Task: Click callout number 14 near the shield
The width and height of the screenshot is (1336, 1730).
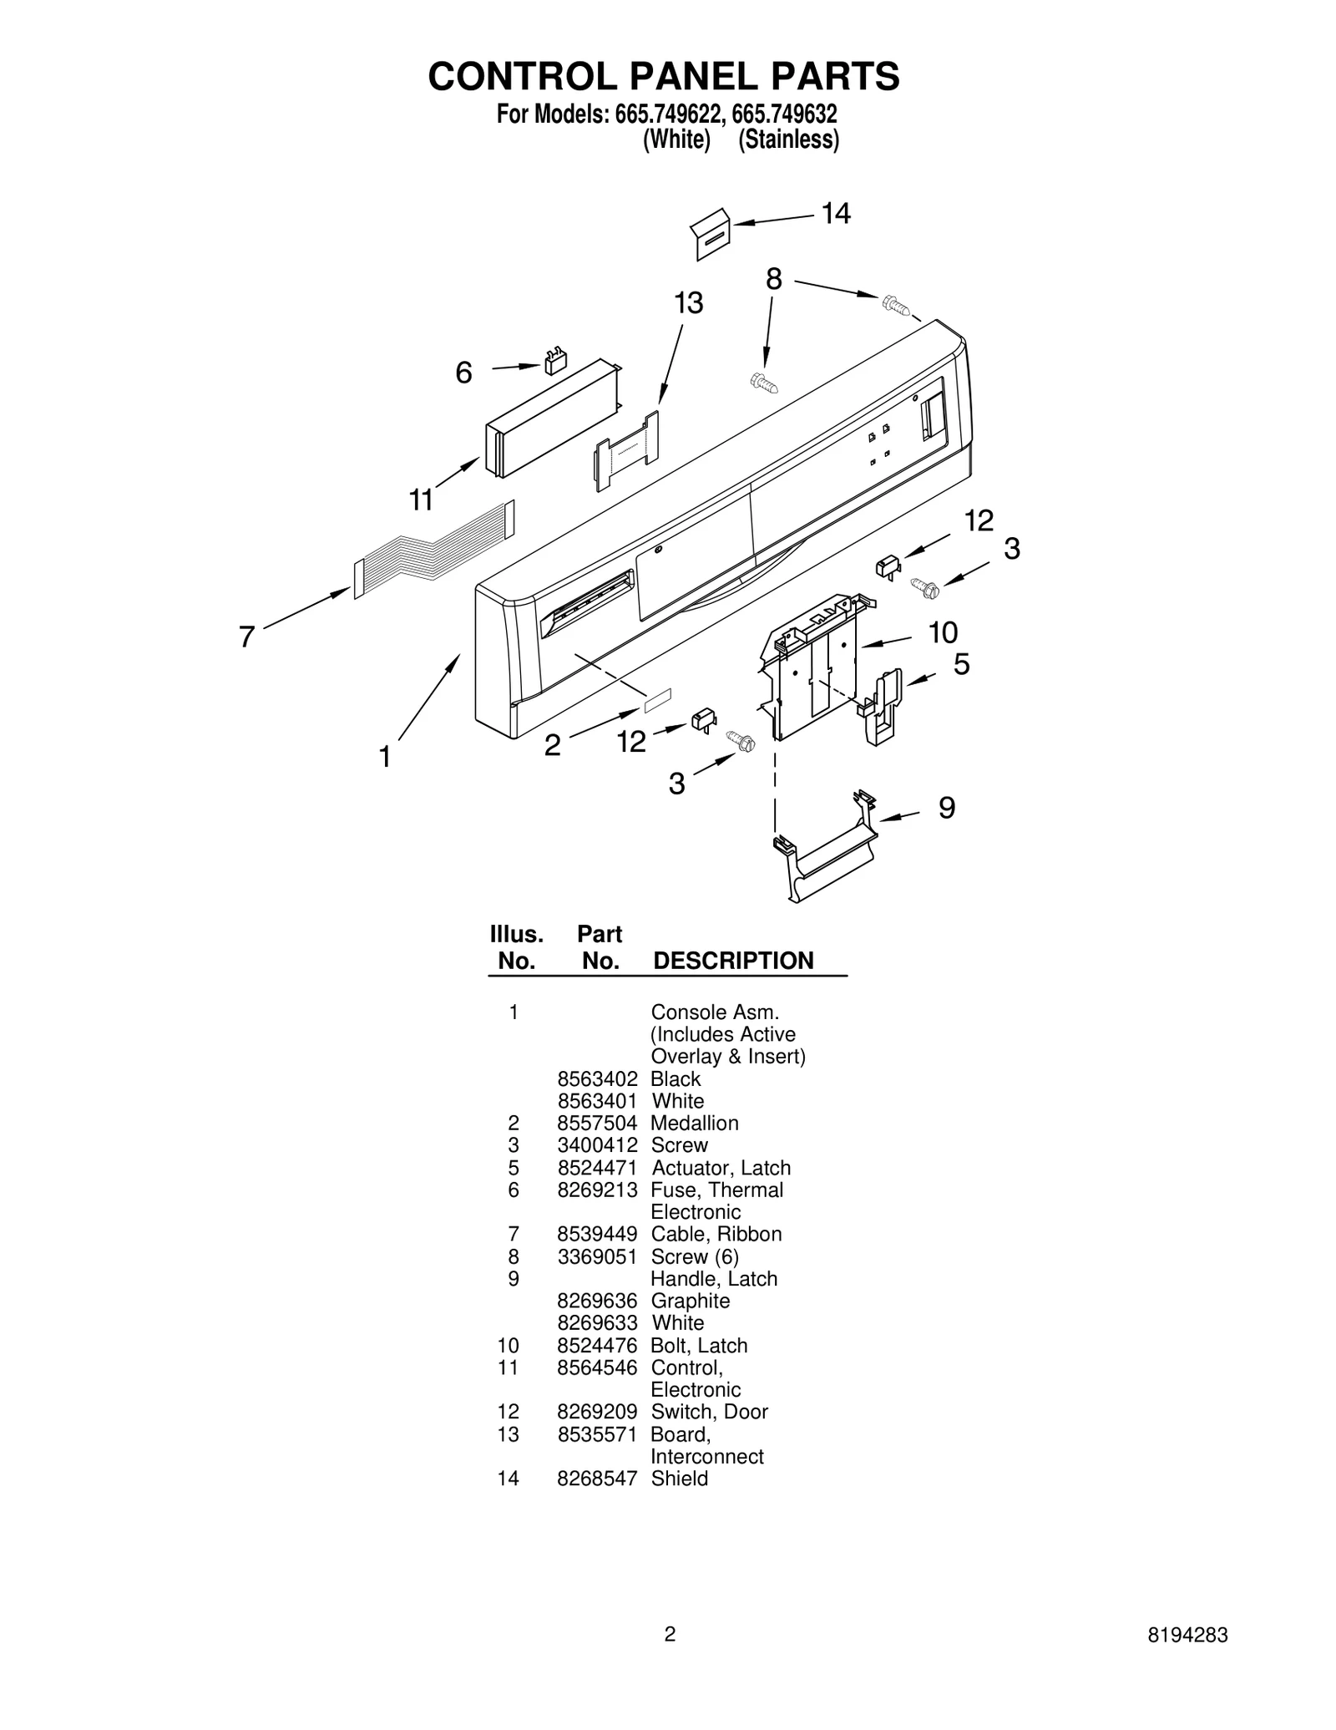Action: tap(835, 214)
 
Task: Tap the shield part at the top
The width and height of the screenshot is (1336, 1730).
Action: tap(711, 235)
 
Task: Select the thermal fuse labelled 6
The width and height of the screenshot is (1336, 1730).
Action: tap(555, 362)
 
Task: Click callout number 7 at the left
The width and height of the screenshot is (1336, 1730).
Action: tap(246, 637)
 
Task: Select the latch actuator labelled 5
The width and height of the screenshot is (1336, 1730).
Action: tap(883, 706)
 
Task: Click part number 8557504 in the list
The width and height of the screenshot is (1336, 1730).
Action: tap(597, 1124)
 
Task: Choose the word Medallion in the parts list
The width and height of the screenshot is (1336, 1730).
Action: tap(695, 1124)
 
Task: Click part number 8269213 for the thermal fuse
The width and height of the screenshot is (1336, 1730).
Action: tap(597, 1190)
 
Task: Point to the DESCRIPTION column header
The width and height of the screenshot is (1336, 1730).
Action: tap(733, 961)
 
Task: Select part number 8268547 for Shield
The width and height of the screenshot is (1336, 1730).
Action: tap(597, 1502)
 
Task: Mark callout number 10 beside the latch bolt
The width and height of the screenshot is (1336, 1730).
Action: tap(943, 633)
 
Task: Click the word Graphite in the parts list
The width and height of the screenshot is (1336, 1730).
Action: tap(690, 1301)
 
